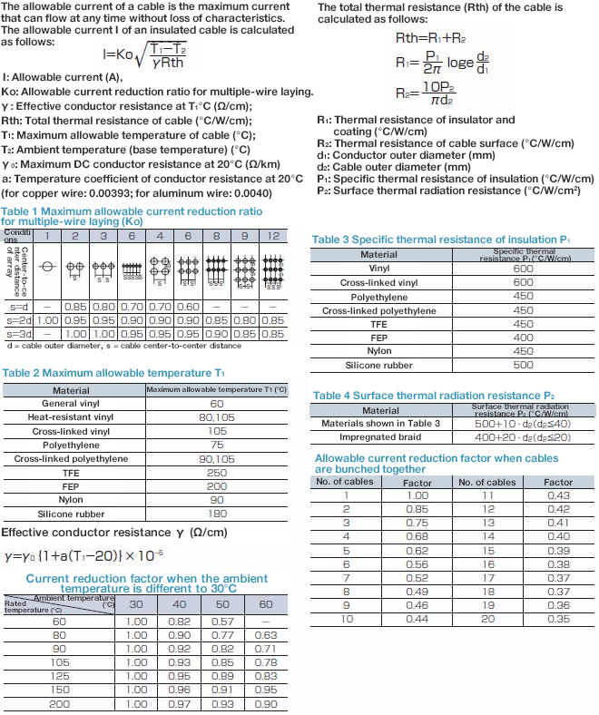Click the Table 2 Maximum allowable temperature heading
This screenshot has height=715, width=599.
click(x=113, y=373)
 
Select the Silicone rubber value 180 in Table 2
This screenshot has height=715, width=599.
click(x=217, y=514)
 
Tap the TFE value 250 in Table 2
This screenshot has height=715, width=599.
click(x=217, y=473)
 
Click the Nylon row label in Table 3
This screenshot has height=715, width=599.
click(x=379, y=351)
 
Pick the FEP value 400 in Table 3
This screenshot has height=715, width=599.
click(x=523, y=338)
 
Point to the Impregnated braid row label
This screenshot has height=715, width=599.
click(x=380, y=437)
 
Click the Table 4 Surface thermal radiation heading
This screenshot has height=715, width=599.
click(x=433, y=396)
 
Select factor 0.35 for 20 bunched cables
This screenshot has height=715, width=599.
click(x=559, y=619)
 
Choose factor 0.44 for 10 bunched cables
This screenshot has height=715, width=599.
click(x=417, y=619)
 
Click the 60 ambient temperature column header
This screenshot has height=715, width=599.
click(x=266, y=605)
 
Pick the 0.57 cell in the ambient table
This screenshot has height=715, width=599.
click(x=224, y=622)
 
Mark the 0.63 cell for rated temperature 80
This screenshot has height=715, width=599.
click(x=266, y=635)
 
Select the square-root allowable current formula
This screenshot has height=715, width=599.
click(x=148, y=54)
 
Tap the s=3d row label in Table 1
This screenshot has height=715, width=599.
click(x=18, y=335)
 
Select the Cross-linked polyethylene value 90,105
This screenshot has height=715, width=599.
click(x=217, y=459)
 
